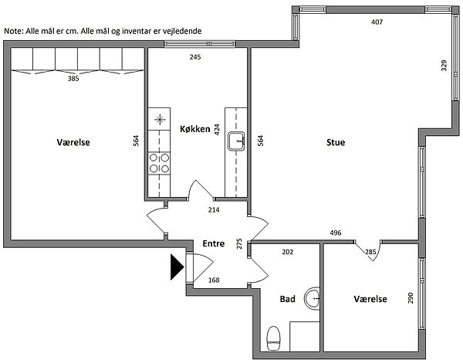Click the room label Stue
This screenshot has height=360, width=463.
coord(336,142)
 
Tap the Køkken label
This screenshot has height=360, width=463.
coord(194,129)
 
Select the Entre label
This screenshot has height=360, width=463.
coord(213,243)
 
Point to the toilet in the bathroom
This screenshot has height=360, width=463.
coord(272,337)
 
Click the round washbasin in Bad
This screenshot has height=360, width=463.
coord(312,297)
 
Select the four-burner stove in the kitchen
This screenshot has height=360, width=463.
coord(160,162)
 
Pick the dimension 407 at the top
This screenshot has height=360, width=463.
coord(377,22)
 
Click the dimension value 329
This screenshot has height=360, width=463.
coord(444,66)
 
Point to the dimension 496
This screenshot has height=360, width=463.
coord(336,233)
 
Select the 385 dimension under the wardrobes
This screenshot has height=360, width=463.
coord(73,79)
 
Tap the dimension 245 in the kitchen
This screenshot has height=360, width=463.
coord(197,56)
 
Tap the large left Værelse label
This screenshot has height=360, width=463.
coord(74,142)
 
